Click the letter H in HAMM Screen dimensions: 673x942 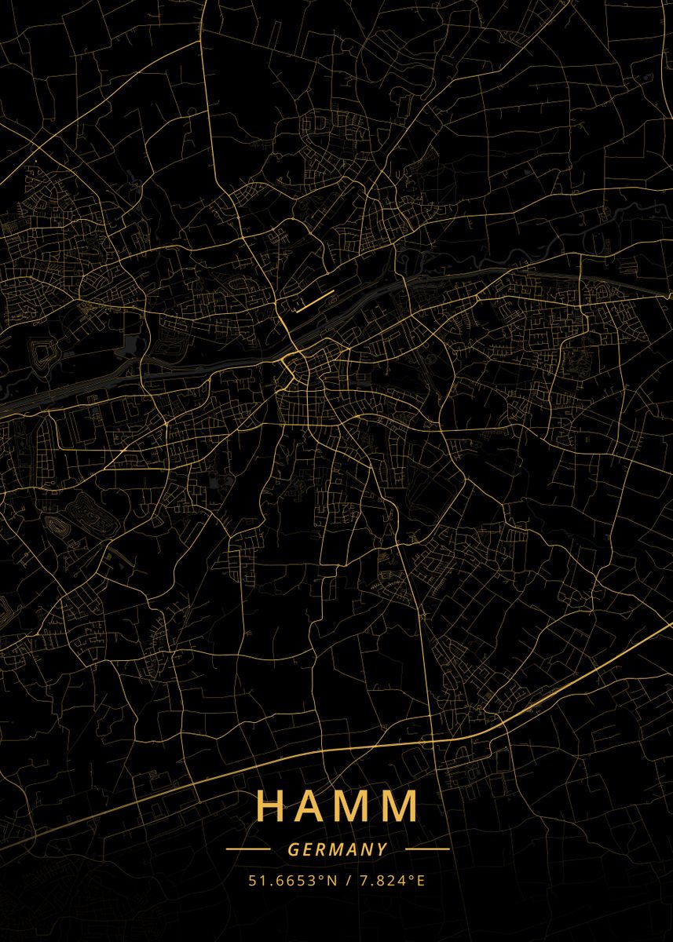(x=272, y=806)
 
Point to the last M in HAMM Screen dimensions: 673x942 (x=402, y=806)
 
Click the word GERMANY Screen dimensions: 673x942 (x=338, y=849)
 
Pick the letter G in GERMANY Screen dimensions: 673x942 (x=293, y=849)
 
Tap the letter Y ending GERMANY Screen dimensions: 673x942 (x=382, y=849)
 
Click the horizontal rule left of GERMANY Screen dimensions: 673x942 (x=247, y=849)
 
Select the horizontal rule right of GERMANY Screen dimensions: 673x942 (x=427, y=849)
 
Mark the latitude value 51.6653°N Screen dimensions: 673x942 (x=292, y=881)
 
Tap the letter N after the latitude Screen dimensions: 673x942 (x=332, y=881)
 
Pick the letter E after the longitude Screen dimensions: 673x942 (x=420, y=881)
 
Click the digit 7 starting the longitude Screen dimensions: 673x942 (x=364, y=881)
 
